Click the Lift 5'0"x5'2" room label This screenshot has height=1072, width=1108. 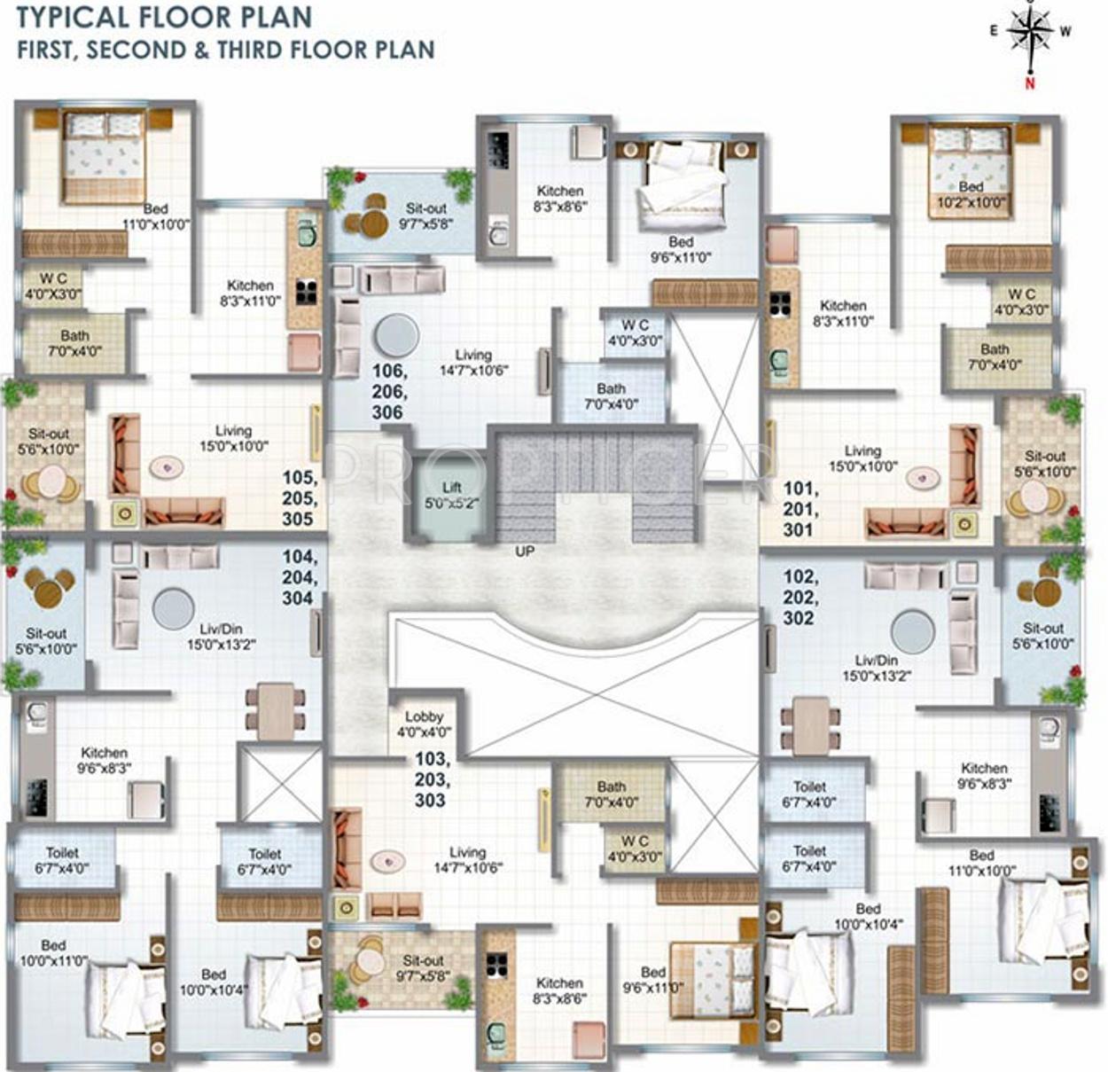click(452, 496)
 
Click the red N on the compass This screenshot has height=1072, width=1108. click(1030, 84)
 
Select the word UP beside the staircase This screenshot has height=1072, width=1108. click(525, 552)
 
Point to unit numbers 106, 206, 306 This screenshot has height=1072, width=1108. click(389, 392)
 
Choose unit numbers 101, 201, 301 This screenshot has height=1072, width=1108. click(800, 509)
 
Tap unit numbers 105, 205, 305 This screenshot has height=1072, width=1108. click(298, 498)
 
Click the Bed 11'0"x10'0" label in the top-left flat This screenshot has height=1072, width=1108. click(156, 216)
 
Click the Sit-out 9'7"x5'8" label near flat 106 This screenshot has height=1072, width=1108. click(425, 216)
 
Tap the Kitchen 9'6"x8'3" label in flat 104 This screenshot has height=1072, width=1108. click(104, 760)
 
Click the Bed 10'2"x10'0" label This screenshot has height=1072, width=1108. click(971, 194)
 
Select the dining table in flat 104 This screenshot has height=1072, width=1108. click(275, 710)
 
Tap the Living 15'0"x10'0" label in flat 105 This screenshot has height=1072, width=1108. click(233, 438)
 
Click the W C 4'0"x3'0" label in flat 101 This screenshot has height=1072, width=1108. click(1021, 301)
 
